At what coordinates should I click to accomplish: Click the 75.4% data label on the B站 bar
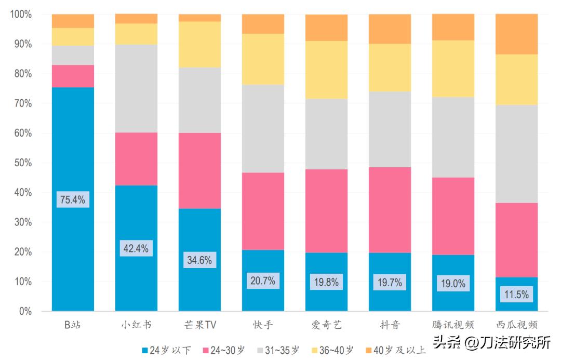coord(73,199)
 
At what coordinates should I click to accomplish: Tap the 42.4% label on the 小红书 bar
coord(136,248)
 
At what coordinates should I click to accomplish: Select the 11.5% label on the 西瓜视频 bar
coord(516,295)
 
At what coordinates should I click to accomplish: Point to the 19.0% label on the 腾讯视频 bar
coord(453,283)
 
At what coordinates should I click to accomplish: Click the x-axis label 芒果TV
coord(199,326)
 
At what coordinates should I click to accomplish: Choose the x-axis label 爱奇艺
coord(326,326)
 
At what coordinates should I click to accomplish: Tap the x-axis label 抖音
coord(390,326)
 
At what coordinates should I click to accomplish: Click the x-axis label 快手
coord(263,326)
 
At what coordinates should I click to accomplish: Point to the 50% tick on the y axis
coord(21,163)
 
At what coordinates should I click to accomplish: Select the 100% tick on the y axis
coord(20,15)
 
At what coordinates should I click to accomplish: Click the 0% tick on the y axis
coord(24,312)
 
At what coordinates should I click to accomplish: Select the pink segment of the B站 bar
coord(73,76)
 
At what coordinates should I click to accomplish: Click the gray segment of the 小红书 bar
coord(136,88)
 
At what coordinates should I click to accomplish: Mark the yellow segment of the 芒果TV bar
coord(199,44)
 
